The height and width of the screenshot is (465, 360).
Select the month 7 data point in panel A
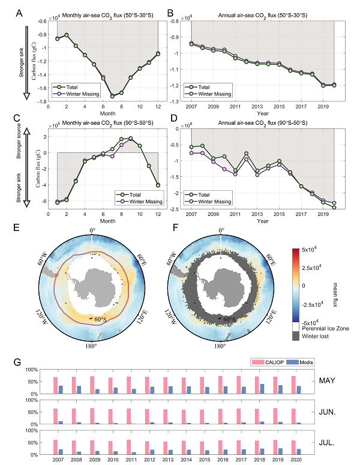click(112, 96)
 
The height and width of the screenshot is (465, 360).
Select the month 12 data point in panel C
click(158, 185)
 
